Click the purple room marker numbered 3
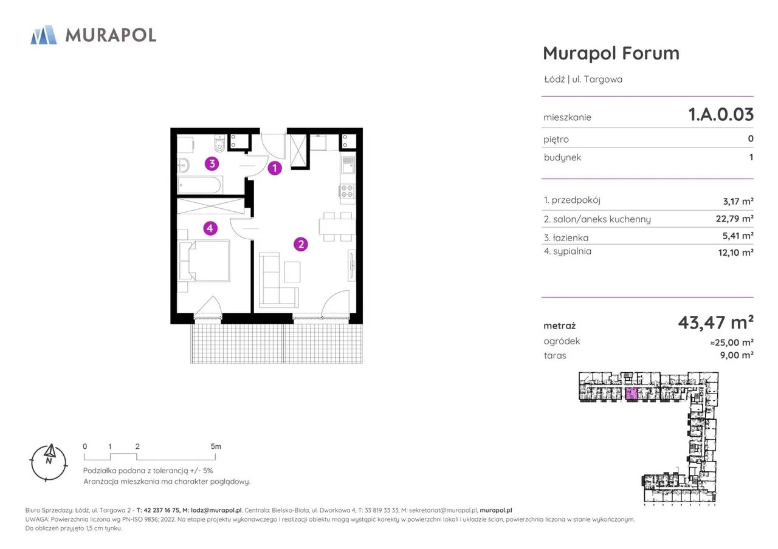tap(212, 163)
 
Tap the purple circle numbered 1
tap(275, 168)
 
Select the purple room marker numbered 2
tap(301, 244)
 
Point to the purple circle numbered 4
tap(210, 228)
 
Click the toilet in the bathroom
tap(219, 144)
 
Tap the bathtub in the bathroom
tap(200, 185)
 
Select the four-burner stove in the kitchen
tap(347, 191)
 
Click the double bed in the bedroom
tap(204, 261)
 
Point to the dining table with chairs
tap(336, 227)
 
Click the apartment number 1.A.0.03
tap(721, 115)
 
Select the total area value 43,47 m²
tap(715, 322)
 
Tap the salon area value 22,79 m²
tap(735, 219)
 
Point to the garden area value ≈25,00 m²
tap(732, 343)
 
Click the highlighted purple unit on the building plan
tap(631, 394)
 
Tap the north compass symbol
tap(49, 462)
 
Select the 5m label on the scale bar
tap(216, 446)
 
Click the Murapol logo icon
tap(44, 35)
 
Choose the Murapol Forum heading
tap(611, 53)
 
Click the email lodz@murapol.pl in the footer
tap(216, 510)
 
